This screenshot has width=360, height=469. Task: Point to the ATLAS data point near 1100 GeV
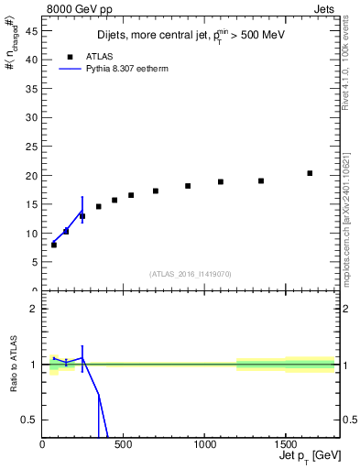221,181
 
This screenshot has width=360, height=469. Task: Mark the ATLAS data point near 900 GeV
188,186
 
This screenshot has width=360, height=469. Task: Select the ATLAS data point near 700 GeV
156,191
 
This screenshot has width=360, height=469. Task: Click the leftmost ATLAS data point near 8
54,245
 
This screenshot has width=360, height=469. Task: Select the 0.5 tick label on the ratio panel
29,420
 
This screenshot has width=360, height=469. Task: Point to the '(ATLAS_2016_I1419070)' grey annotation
191,273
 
